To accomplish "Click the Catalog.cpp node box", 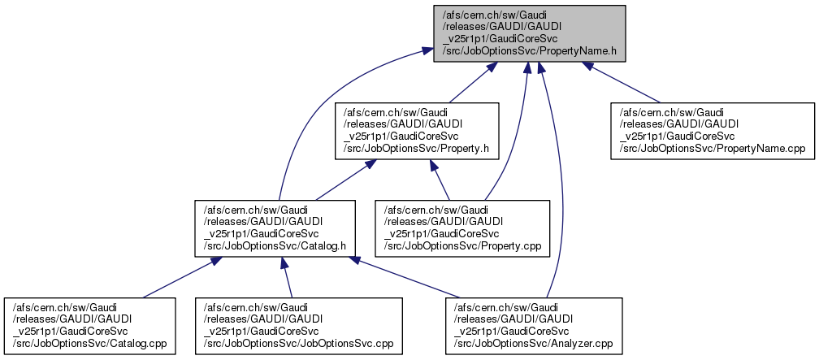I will tap(91, 325).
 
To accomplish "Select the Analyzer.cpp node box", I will tap(534, 325).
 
